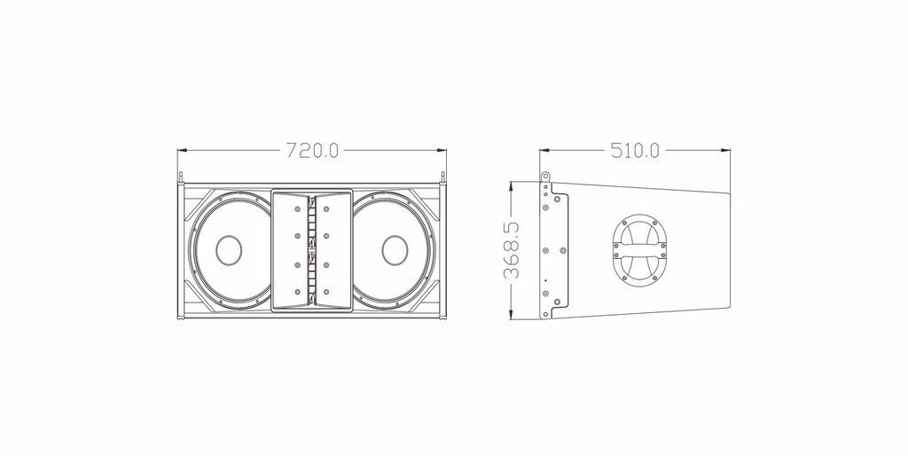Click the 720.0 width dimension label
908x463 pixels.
(x=313, y=151)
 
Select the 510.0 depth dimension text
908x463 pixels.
(x=635, y=151)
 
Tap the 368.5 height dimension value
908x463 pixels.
(x=512, y=250)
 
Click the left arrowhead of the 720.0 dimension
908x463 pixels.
(x=181, y=151)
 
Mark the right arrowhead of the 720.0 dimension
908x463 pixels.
(x=442, y=151)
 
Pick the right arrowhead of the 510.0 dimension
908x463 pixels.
(x=725, y=151)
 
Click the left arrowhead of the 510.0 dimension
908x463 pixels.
(x=544, y=151)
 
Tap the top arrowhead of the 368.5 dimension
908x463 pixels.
(x=512, y=186)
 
